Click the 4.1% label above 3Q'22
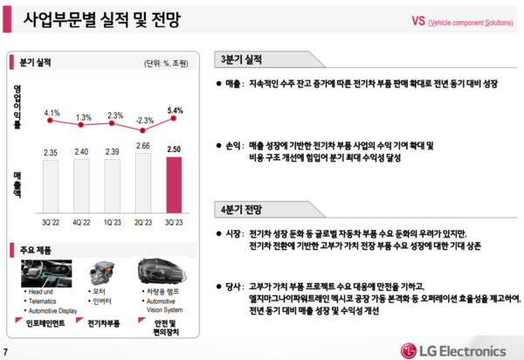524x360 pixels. click(52, 113)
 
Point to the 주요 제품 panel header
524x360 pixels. click(34, 251)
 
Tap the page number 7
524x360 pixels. click(7, 352)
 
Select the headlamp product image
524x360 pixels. click(162, 269)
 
